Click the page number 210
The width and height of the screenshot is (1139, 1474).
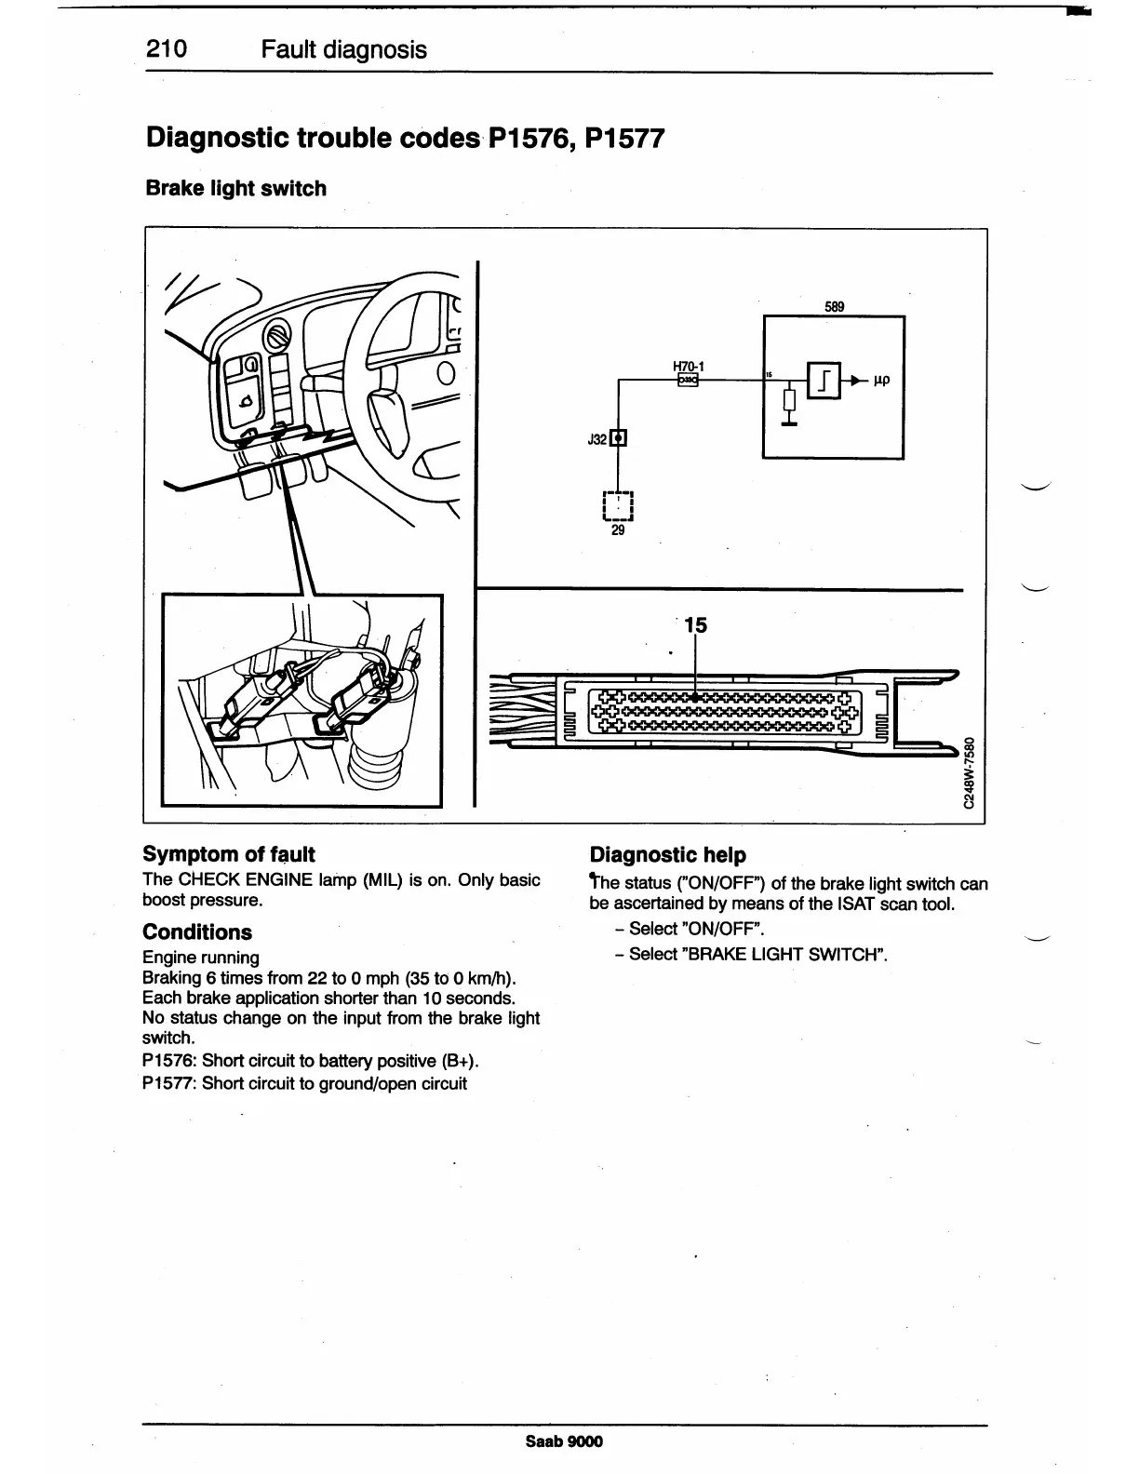[x=167, y=49]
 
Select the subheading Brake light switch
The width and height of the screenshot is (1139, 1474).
[x=236, y=188]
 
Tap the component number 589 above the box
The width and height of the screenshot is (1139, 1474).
[x=835, y=306]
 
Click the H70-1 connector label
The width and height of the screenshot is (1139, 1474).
[x=688, y=366]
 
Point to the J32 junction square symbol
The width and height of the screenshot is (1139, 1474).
[x=619, y=438]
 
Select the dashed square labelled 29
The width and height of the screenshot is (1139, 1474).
[x=619, y=506]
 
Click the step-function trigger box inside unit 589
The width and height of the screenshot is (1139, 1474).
[x=824, y=380]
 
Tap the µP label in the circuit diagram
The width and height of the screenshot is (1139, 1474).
[x=882, y=380]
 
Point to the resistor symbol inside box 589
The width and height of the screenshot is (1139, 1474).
[x=789, y=401]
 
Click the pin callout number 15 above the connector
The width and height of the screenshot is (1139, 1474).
[x=695, y=625]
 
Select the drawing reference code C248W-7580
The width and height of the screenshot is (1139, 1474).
[x=971, y=773]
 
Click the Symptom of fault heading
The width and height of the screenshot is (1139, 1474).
[x=229, y=854]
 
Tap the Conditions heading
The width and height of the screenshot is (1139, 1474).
[x=197, y=932]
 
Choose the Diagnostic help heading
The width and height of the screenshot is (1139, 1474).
[x=668, y=854]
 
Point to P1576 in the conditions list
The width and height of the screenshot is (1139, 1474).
[x=169, y=1061]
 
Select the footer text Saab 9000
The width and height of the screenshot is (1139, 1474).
[x=564, y=1441]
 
